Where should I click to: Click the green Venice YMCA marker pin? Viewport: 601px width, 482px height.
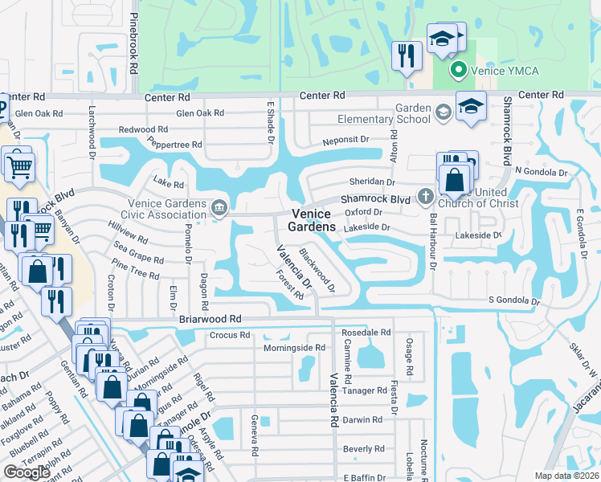[x=459, y=70]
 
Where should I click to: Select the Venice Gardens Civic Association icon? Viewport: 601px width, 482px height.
[x=218, y=210]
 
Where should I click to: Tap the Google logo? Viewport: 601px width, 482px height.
[x=27, y=472]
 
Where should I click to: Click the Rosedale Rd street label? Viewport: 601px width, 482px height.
[x=366, y=332]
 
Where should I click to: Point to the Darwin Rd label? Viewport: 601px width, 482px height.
[x=361, y=419]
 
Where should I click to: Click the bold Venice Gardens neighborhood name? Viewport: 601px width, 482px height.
[x=313, y=220]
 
